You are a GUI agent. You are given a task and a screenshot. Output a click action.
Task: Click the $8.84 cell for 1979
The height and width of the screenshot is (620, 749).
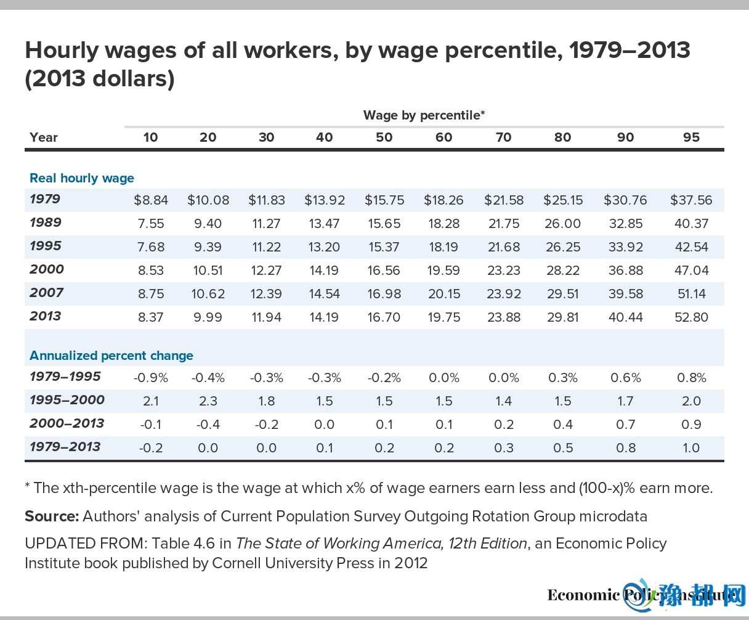click(x=150, y=200)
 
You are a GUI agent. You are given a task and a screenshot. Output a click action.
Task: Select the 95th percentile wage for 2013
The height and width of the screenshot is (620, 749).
click(x=691, y=317)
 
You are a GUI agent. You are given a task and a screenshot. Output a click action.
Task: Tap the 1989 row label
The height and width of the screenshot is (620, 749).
click(x=46, y=222)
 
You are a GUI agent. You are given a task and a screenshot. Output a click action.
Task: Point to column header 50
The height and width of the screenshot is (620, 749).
click(x=384, y=137)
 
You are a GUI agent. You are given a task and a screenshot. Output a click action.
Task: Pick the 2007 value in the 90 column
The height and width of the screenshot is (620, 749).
click(x=625, y=294)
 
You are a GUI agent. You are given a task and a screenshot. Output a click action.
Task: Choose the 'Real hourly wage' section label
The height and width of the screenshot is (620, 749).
click(x=82, y=178)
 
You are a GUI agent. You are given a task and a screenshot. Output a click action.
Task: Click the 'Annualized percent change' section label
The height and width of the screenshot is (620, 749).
click(x=111, y=356)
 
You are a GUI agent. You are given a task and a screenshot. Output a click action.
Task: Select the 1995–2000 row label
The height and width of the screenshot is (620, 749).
click(x=67, y=400)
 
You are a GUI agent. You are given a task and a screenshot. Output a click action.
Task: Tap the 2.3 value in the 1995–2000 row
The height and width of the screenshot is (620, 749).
click(x=208, y=401)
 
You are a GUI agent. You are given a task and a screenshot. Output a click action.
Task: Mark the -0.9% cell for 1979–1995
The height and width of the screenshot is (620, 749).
click(x=150, y=378)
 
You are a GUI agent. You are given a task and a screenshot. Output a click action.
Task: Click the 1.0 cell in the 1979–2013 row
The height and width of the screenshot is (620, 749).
click(x=691, y=448)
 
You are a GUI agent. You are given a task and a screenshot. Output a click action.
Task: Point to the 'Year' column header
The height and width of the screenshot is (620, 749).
click(x=44, y=137)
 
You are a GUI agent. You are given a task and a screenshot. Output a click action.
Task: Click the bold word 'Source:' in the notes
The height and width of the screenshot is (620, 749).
click(x=52, y=516)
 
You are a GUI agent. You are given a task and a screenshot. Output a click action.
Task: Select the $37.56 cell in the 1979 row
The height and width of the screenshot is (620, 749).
click(x=691, y=200)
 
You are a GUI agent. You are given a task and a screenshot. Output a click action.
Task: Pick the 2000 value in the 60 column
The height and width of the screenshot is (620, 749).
click(x=443, y=271)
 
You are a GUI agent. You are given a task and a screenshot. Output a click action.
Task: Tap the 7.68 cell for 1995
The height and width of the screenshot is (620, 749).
click(x=150, y=247)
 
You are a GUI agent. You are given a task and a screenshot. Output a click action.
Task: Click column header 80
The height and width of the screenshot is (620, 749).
click(x=562, y=137)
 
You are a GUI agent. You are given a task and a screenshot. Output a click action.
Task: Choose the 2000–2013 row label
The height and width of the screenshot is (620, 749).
click(x=67, y=423)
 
